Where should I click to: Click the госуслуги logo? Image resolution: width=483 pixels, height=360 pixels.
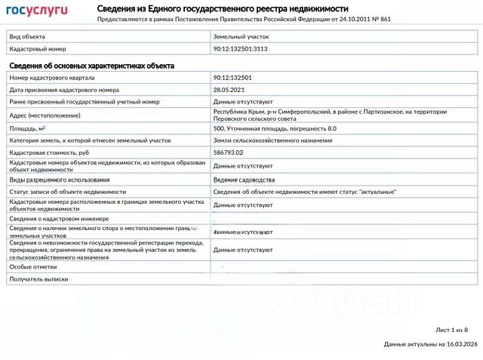[x=37, y=11]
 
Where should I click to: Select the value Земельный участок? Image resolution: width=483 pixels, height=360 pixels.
[x=241, y=36]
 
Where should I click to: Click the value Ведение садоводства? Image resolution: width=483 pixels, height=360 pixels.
[x=244, y=180]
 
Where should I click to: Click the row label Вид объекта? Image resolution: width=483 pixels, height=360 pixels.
[x=27, y=36]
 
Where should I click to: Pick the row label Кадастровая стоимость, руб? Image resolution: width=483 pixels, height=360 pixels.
[x=51, y=152]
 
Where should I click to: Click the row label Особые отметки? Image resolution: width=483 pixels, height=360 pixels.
[x=32, y=266]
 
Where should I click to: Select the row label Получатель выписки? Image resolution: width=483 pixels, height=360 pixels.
[x=38, y=278]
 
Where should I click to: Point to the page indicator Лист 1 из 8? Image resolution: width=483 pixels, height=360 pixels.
[x=451, y=330]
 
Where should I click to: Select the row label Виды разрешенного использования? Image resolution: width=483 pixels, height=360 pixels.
[x=60, y=180]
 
